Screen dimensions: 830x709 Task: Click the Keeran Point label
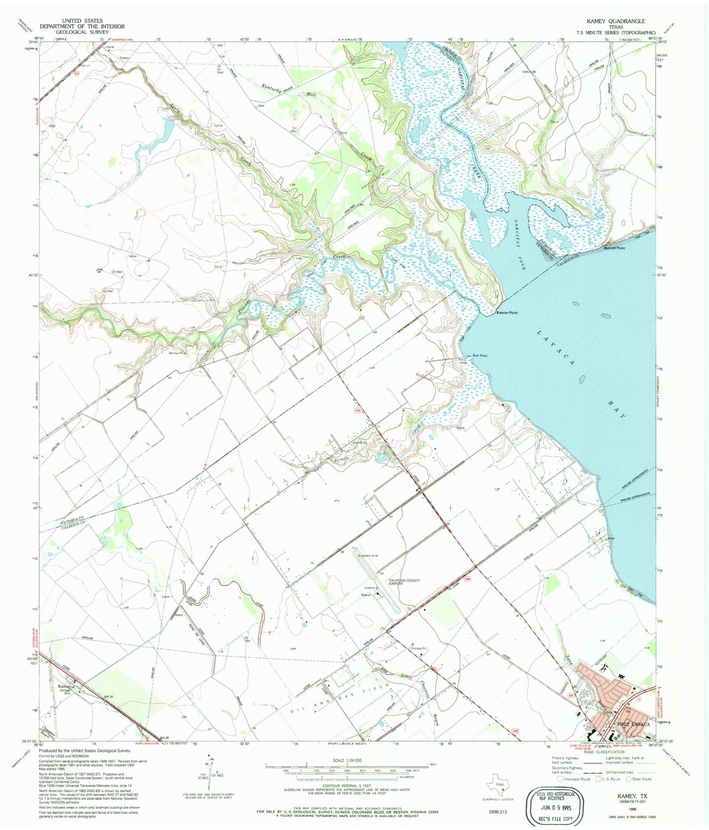(507, 313)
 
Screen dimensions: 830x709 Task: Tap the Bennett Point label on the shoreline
(614, 248)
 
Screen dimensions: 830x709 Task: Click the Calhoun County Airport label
(404, 582)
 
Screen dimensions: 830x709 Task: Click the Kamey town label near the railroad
(64, 686)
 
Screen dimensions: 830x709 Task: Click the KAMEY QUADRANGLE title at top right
(615, 21)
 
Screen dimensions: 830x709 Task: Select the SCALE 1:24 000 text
(347, 760)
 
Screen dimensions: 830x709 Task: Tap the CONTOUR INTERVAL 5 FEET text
(347, 786)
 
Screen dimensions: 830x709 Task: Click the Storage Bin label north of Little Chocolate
(419, 648)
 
